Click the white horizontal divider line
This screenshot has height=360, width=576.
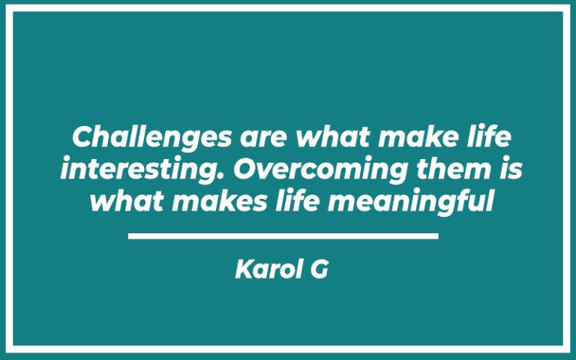click(283, 236)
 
